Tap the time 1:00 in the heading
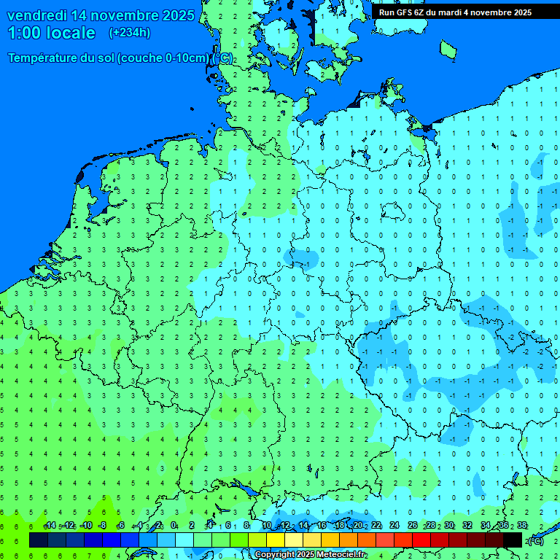pyautogui.click(x=25, y=33)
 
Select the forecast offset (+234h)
pyautogui.click(x=130, y=33)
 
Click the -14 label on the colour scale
pyautogui.click(x=50, y=526)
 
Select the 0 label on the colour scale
pyautogui.click(x=174, y=526)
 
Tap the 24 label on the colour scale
pyautogui.click(x=394, y=526)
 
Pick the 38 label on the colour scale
pyautogui.click(x=522, y=526)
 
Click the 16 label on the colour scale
pyautogui.click(x=321, y=526)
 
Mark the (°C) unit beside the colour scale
pyautogui.click(x=536, y=540)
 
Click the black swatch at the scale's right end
pyautogui.click(x=513, y=540)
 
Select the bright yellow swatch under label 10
pyautogui.click(x=276, y=540)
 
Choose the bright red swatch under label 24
pyautogui.click(x=403, y=540)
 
